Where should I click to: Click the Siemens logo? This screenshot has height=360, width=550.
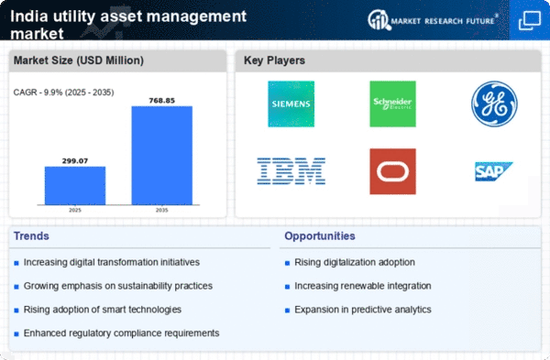coord(291,104)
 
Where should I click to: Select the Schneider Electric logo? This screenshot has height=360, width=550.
coord(392,104)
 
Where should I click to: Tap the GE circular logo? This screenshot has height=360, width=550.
coord(494,104)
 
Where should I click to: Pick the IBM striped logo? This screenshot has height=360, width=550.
coord(291,171)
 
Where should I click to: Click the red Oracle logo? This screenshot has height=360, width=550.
coord(392,171)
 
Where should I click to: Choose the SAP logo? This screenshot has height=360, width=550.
coord(493,171)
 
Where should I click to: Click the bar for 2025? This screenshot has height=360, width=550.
coord(75,185)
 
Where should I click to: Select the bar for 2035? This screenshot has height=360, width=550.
coord(162,156)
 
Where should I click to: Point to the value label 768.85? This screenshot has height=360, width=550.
coord(161,101)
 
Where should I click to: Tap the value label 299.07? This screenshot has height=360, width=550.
coord(75,161)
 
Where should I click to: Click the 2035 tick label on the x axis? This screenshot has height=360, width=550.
coord(161,210)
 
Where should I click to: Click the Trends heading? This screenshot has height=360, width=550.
coord(31,236)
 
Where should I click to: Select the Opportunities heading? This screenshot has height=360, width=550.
coord(320,236)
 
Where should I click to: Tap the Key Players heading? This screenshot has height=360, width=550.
coord(274,60)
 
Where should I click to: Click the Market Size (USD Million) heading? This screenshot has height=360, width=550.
coord(79,60)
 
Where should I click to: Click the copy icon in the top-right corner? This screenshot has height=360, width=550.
coord(530,21)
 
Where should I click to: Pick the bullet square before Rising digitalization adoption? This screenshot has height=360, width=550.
coord(287,263)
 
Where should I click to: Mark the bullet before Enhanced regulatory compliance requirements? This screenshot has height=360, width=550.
coord(16,333)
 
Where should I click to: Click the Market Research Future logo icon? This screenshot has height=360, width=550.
coord(379,20)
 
